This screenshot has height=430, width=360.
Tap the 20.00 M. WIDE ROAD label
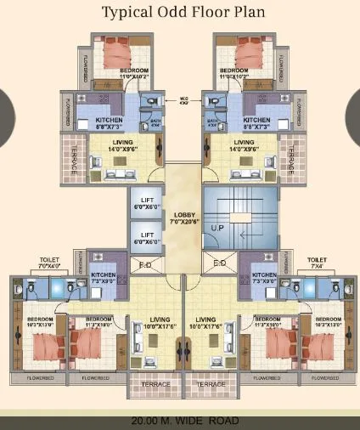point(180,421)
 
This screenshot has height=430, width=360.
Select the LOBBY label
point(183,218)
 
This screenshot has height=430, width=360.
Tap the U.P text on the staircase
point(217,229)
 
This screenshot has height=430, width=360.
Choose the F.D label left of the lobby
point(145,264)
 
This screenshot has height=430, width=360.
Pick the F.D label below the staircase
point(219,263)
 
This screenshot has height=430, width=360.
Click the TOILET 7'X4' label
point(317,263)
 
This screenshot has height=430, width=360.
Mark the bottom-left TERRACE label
point(154,384)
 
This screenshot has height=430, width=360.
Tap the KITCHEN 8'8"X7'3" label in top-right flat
point(256,123)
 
